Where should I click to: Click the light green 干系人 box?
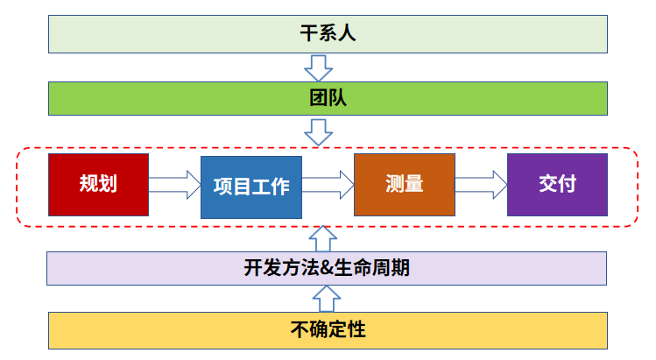click(327, 34)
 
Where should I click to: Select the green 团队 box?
click(327, 98)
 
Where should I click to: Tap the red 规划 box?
click(98, 185)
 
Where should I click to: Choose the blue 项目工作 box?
click(251, 187)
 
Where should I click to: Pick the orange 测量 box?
click(405, 185)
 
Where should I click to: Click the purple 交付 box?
click(557, 185)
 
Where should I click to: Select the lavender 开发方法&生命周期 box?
click(327, 268)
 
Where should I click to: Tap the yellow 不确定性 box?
click(327, 330)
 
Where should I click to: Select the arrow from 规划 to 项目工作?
click(175, 185)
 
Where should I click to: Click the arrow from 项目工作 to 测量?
click(328, 185)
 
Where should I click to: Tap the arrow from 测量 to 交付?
click(481, 185)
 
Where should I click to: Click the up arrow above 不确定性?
click(325, 299)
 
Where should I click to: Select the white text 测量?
click(405, 185)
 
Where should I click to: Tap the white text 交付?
click(557, 185)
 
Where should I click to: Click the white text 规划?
click(98, 185)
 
